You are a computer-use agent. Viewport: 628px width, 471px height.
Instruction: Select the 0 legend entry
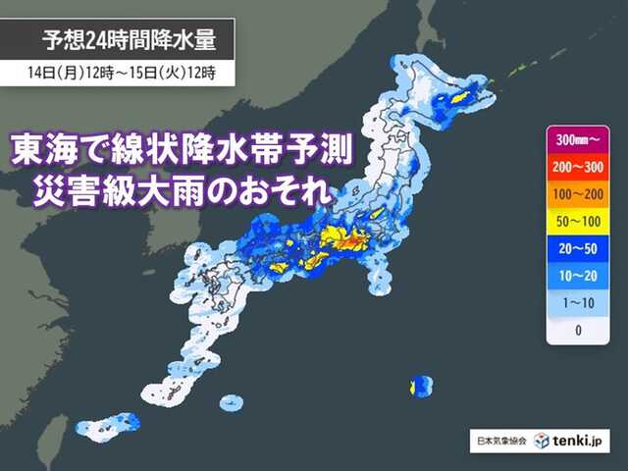point(578,330)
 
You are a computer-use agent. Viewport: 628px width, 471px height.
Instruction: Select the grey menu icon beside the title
point(21,40)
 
